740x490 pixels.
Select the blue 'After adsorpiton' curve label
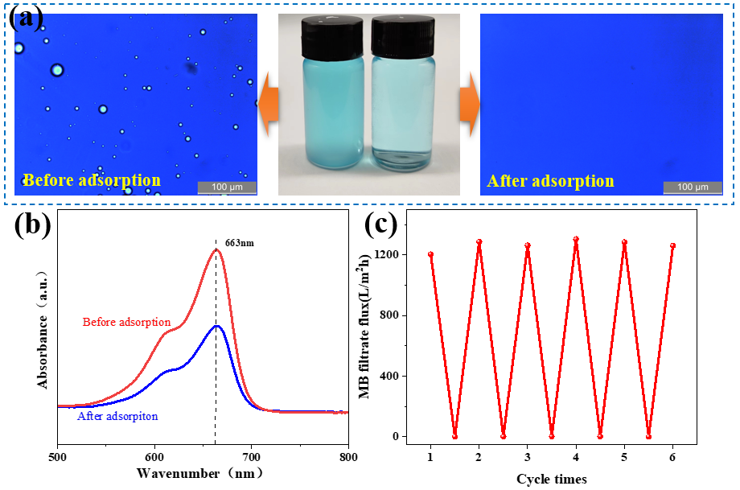(x=117, y=416)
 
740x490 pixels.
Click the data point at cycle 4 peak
(x=576, y=239)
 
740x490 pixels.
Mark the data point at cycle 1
(x=431, y=254)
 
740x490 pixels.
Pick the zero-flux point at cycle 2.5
(x=504, y=436)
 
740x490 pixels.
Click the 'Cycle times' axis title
(x=551, y=479)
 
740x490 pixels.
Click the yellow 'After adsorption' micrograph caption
(x=550, y=180)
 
